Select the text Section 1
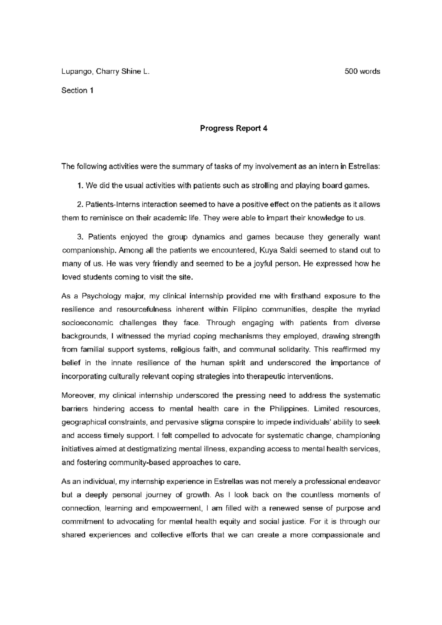77,91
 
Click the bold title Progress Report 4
234,128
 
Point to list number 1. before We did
80,186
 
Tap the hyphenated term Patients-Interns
112,205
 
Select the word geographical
84,422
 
